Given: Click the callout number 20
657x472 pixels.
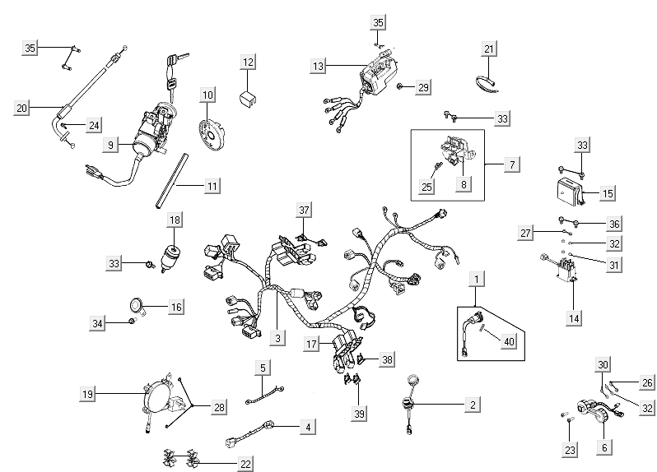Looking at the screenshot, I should click(x=22, y=107).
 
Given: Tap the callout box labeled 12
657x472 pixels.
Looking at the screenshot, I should click(x=248, y=62).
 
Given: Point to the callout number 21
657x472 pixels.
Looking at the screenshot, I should click(x=489, y=49).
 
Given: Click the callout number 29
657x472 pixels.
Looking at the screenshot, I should click(x=423, y=87).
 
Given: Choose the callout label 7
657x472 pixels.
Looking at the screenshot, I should click(x=511, y=164).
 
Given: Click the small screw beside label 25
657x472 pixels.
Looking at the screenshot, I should click(x=438, y=169).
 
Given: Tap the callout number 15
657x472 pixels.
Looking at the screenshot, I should click(x=608, y=193).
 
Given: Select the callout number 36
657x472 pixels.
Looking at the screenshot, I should click(x=614, y=223).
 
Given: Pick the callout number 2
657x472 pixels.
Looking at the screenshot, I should click(x=472, y=405).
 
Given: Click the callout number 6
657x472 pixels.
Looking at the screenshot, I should click(x=605, y=448).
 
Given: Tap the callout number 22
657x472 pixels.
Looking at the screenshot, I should click(x=245, y=464).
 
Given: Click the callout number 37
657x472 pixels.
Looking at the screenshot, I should click(x=305, y=210).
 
